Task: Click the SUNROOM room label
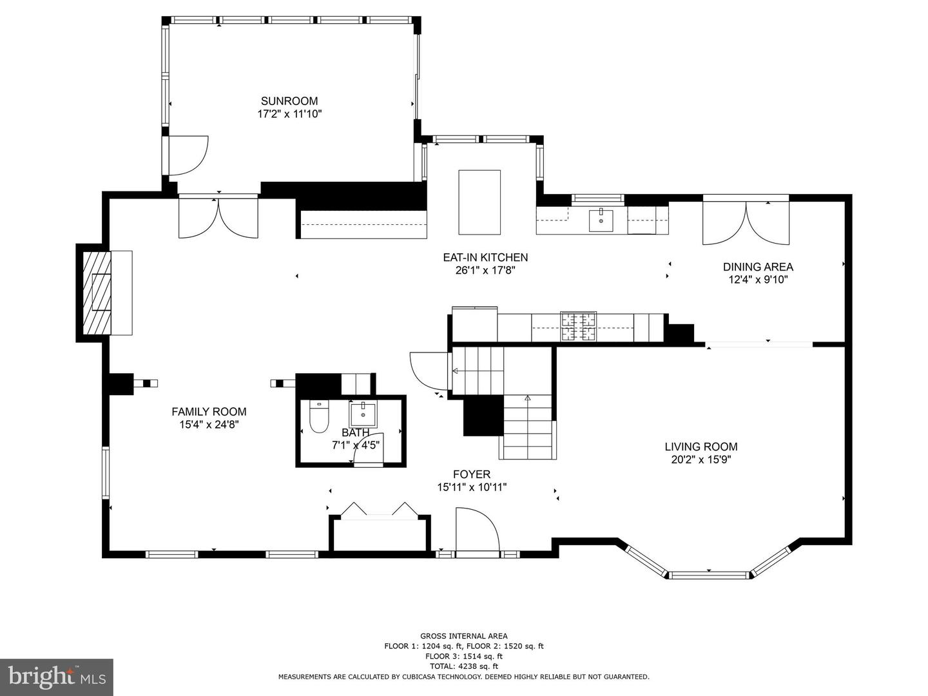(x=289, y=101)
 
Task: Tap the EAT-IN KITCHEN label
(x=485, y=257)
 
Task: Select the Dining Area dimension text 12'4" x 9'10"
(x=758, y=279)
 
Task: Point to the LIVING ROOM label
(x=701, y=447)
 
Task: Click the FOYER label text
(x=472, y=474)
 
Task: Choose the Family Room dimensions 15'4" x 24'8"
(x=209, y=424)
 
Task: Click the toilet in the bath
(x=319, y=417)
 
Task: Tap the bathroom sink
(x=363, y=415)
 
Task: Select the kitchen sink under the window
(x=601, y=220)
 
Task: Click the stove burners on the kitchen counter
(x=578, y=326)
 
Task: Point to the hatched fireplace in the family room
(x=97, y=293)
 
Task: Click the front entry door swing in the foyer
(x=478, y=529)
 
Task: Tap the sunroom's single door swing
(x=189, y=155)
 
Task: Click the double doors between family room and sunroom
(x=218, y=218)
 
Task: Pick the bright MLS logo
(x=57, y=677)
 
